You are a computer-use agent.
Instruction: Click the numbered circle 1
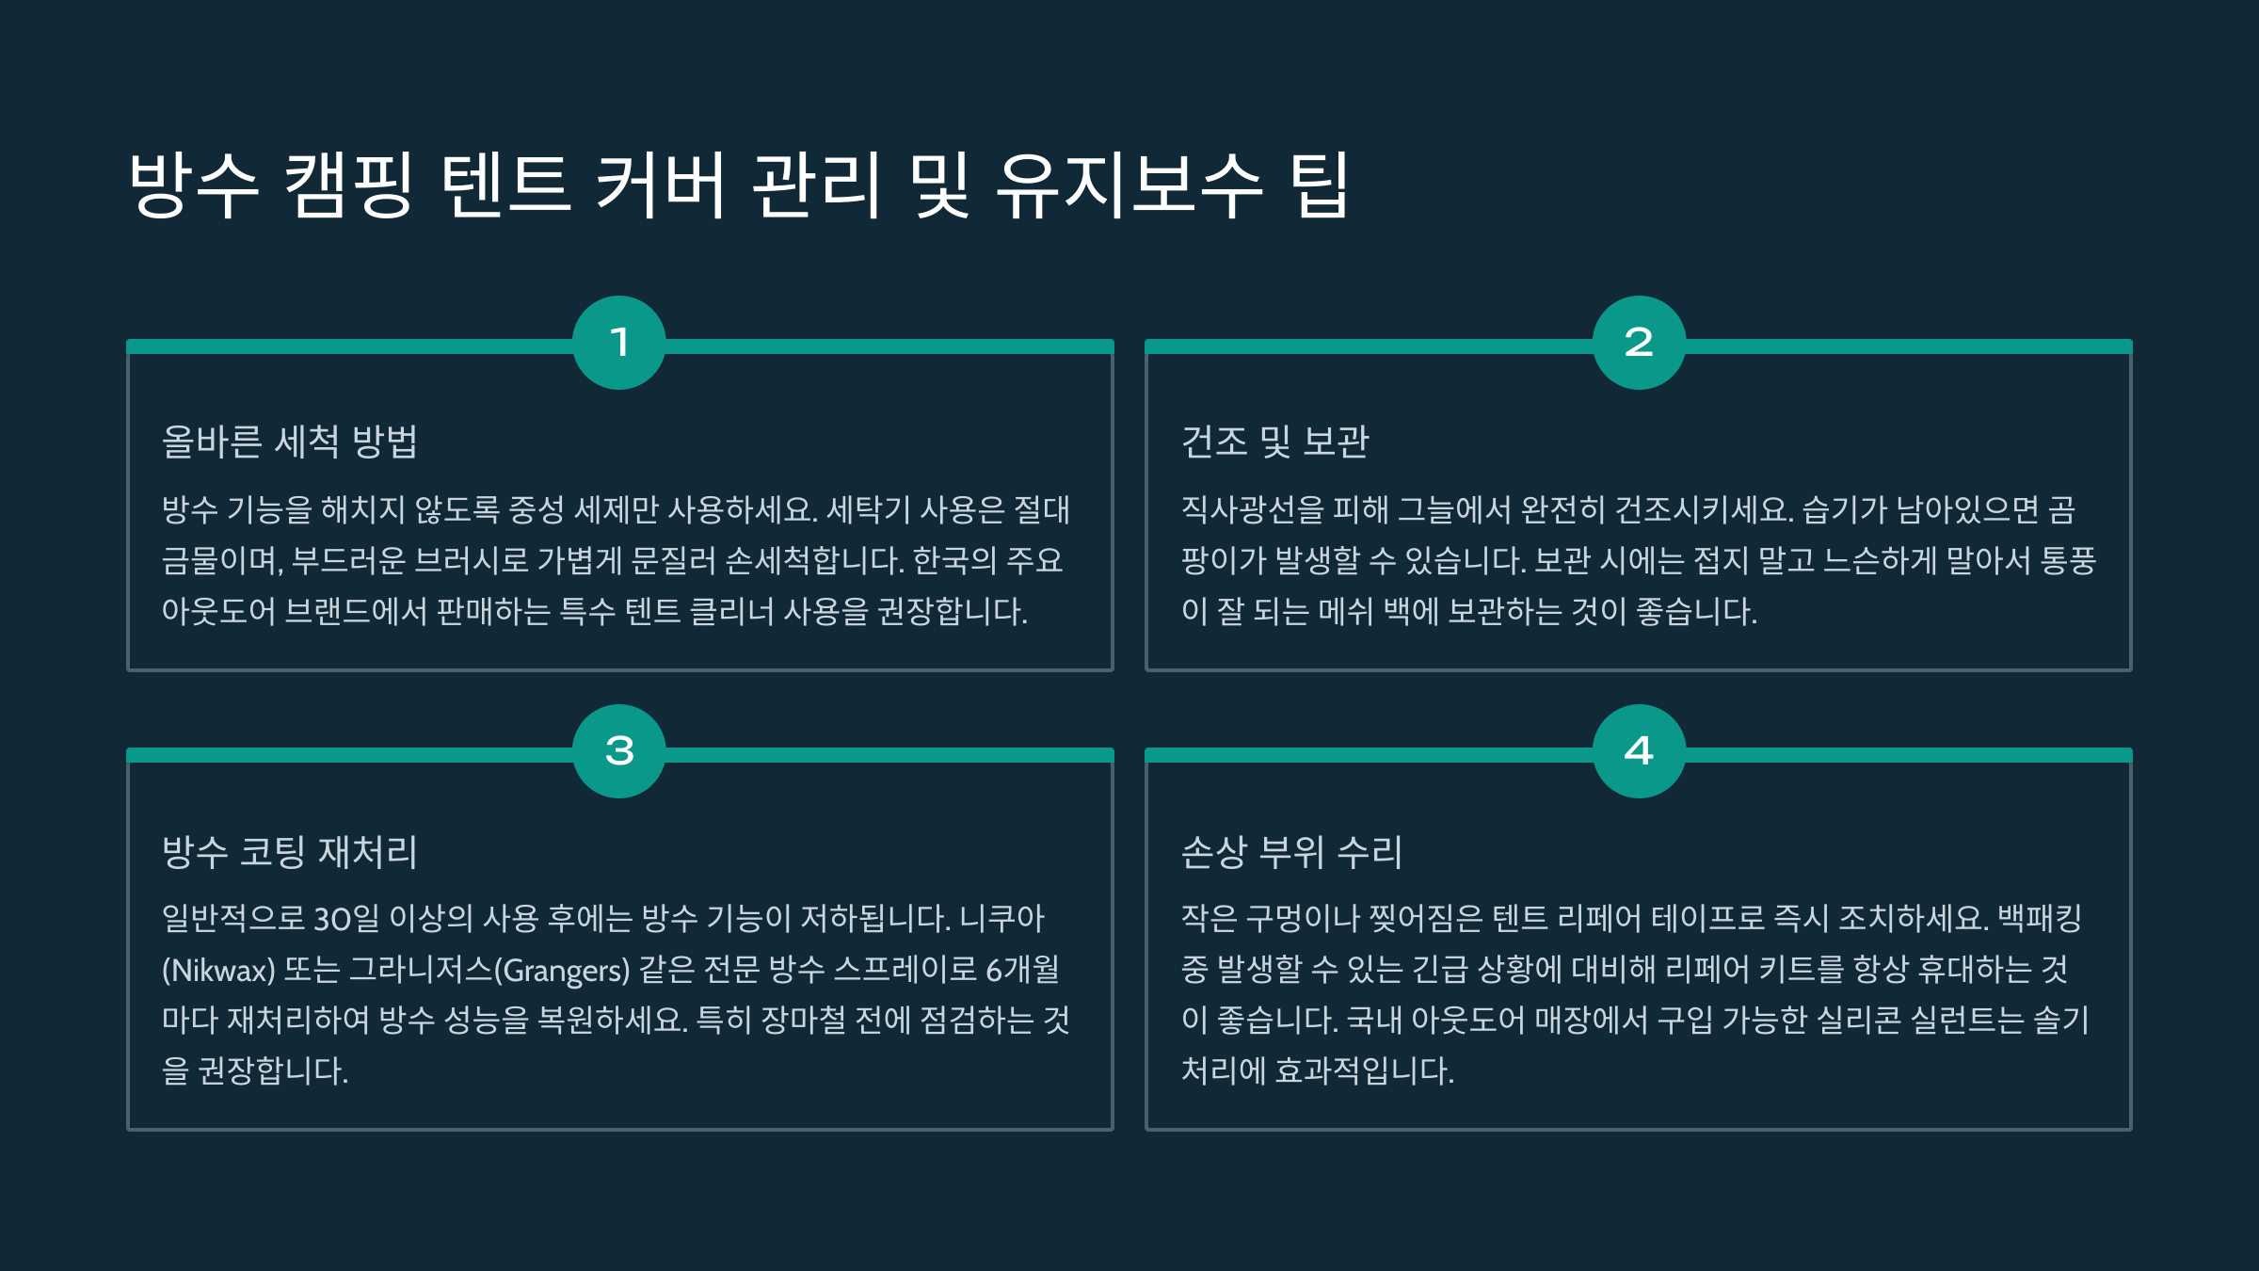click(619, 343)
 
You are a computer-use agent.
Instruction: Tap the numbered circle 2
click(1639, 343)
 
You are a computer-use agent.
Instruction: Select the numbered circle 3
click(619, 751)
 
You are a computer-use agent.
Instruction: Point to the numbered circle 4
click(1639, 751)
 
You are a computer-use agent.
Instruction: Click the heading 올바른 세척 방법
click(290, 442)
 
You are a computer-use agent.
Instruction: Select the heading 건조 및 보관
click(1275, 442)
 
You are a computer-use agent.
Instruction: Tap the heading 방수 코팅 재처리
click(290, 851)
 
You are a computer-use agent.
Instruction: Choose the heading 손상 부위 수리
click(1292, 851)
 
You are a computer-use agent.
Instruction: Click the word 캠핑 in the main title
click(348, 185)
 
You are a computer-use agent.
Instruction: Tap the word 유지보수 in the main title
click(1129, 185)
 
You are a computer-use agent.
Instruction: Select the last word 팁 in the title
click(1320, 185)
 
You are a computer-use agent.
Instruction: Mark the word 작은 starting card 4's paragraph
click(1209, 918)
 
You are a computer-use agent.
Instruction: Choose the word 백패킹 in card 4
click(2040, 918)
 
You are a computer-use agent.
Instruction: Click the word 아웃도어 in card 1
click(218, 612)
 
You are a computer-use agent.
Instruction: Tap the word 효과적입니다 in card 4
click(1363, 1070)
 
